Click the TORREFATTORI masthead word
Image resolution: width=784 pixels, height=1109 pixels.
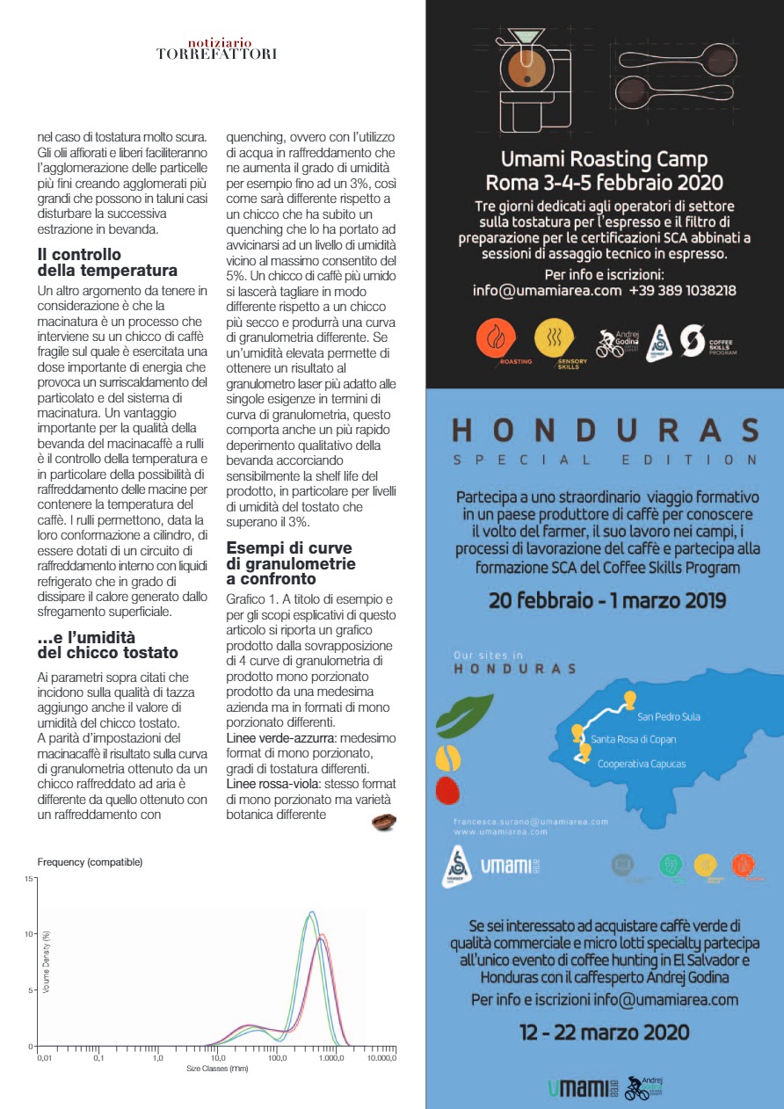pos(216,54)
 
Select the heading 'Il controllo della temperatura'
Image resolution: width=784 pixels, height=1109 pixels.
pos(107,263)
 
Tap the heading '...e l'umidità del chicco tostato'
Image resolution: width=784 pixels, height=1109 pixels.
pos(108,645)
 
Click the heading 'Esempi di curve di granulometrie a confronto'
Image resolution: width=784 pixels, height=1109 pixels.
pos(291,563)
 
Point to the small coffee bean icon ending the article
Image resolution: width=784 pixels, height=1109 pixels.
pos(383,822)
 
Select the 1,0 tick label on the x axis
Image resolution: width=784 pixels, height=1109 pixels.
pos(157,1058)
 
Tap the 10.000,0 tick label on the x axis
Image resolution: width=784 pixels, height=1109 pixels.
pos(381,1058)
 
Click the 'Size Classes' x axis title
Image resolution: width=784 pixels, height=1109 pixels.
pos(216,1068)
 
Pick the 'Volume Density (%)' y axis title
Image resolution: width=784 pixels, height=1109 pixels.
pos(47,962)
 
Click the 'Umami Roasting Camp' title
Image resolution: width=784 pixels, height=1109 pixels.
pos(605,160)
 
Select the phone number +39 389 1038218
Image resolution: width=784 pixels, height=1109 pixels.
pos(682,290)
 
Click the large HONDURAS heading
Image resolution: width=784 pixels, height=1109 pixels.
pos(605,431)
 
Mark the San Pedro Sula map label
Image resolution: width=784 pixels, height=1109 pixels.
pos(669,716)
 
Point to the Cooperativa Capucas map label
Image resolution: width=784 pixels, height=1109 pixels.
pos(642,764)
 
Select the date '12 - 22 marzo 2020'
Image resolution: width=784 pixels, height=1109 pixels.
pos(605,1032)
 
